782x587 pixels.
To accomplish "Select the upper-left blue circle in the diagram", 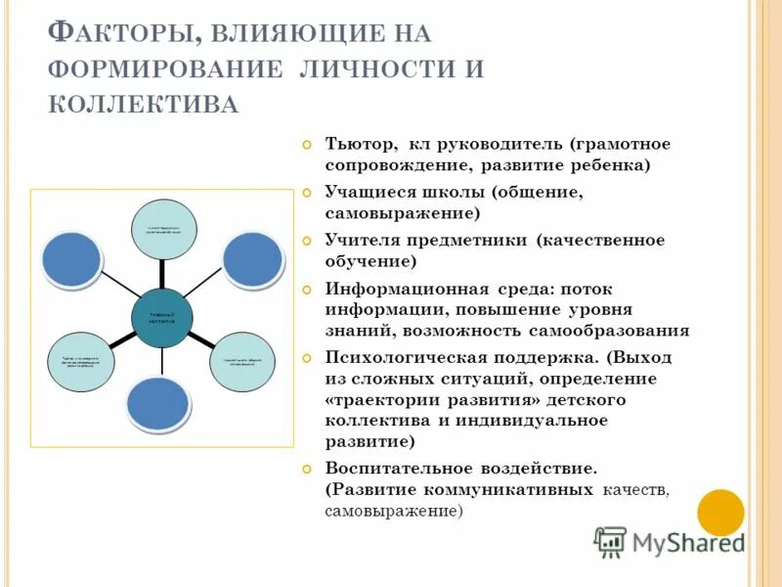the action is (x=71, y=258).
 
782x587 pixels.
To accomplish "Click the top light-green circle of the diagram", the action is (x=164, y=229).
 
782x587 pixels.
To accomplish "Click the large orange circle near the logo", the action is (x=721, y=512).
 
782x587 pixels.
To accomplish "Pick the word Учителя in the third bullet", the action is (x=360, y=240).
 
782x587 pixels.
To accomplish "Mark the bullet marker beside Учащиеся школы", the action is (x=308, y=193).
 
